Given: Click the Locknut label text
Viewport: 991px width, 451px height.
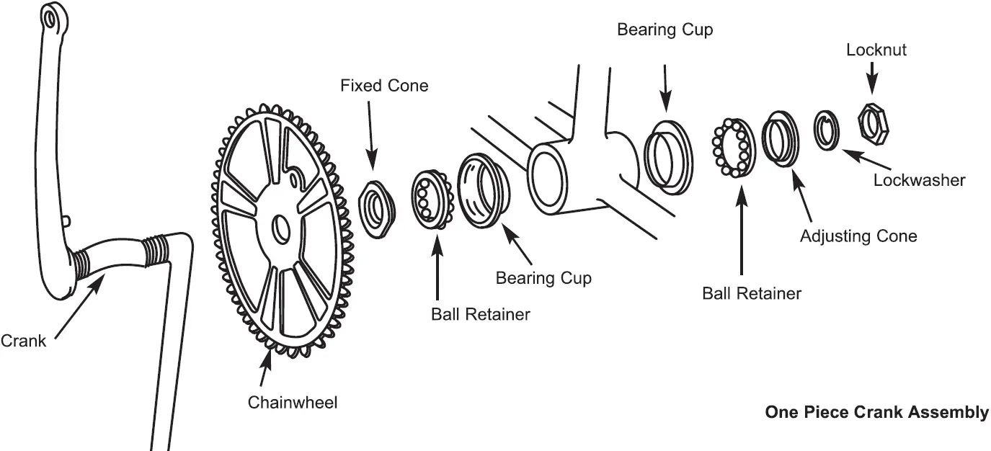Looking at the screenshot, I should click(876, 50).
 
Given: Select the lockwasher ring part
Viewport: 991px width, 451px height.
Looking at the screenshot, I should click(826, 130).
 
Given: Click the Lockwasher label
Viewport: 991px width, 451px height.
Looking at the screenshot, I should click(919, 179).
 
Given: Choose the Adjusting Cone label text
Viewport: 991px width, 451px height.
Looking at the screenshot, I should click(858, 236).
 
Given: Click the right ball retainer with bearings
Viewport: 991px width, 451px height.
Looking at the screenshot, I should click(732, 148).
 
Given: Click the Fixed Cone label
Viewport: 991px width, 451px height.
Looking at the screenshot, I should click(384, 86).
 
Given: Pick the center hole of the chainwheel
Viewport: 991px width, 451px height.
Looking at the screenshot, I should click(280, 229).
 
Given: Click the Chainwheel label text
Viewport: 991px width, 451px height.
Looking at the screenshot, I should click(292, 402).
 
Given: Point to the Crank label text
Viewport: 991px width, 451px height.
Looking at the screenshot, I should click(23, 341).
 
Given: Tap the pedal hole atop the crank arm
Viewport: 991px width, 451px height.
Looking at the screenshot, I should click(50, 17).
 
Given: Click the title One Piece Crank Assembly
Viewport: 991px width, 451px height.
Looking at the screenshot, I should click(876, 412).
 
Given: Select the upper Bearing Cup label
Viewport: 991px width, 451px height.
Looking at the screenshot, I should click(665, 30).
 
